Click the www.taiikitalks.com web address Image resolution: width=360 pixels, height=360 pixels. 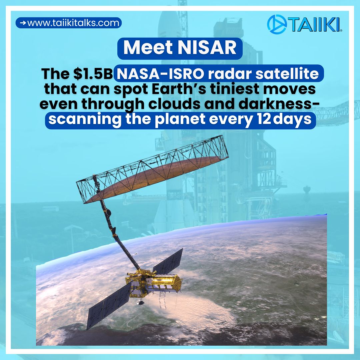coord(73,23)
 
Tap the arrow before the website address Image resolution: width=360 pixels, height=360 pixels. coord(23,23)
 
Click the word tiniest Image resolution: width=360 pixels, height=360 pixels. coord(248,89)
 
